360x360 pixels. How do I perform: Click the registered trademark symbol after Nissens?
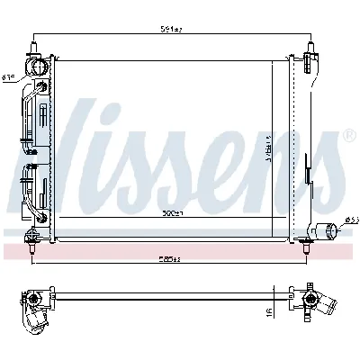pos(348,137)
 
